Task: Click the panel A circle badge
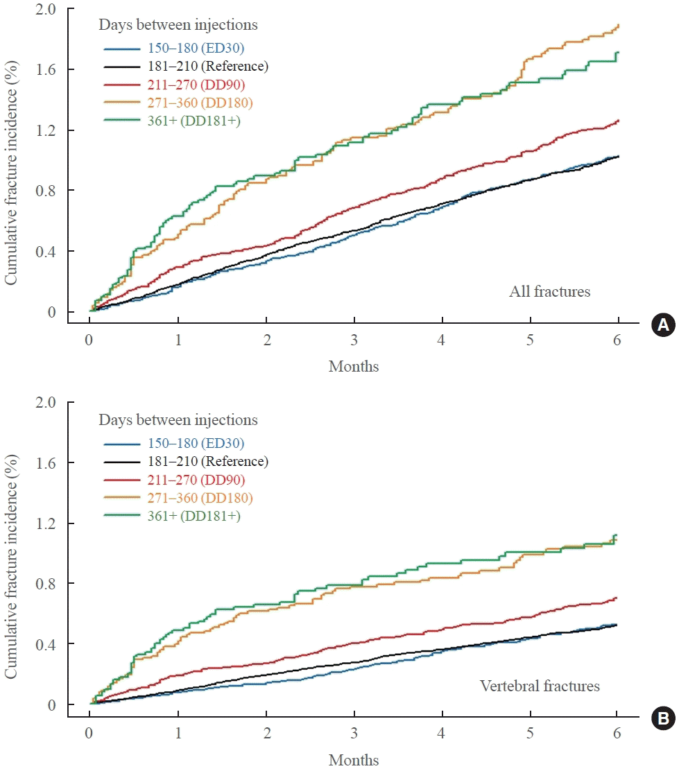click(x=662, y=325)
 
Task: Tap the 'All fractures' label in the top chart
click(x=549, y=292)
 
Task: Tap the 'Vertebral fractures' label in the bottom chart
click(x=540, y=686)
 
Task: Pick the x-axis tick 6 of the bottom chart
click(x=617, y=734)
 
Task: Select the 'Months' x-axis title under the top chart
click(x=354, y=366)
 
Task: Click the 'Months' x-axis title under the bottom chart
click(x=354, y=760)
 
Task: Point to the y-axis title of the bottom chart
click(x=12, y=553)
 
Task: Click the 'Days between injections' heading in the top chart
click(x=178, y=26)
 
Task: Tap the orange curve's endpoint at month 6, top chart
click(x=617, y=25)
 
